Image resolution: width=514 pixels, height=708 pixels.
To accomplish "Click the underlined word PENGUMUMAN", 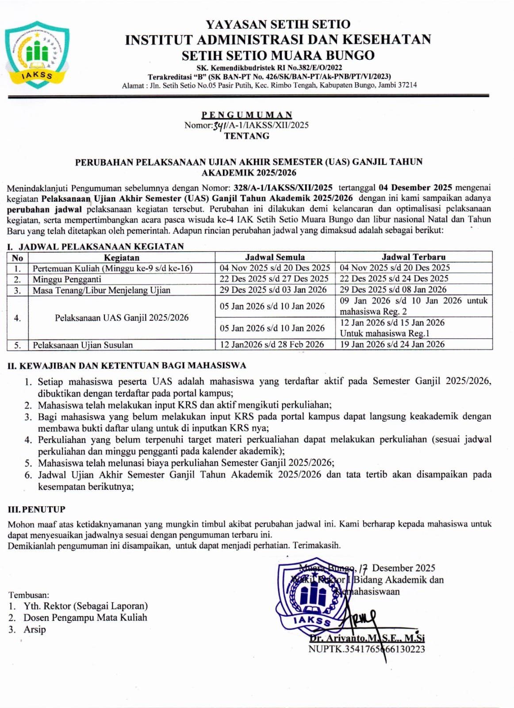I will (247, 115).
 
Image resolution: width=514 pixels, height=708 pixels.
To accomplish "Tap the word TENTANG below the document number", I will (247, 136).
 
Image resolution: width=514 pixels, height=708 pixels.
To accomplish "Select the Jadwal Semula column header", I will (275, 257).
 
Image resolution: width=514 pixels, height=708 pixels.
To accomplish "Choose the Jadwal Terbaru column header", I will (414, 257).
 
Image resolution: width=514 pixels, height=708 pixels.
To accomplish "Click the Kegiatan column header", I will (122, 258).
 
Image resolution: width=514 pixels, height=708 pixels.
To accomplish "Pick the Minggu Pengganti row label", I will (67, 279).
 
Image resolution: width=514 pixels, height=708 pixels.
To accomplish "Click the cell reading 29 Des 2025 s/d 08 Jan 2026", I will (393, 289).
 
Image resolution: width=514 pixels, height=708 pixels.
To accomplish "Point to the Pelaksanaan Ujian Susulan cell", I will (83, 345).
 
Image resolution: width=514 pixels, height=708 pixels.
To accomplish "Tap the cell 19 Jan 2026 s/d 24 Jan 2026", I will (392, 344).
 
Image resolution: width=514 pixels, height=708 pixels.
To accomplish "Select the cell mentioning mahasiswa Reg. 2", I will (413, 306).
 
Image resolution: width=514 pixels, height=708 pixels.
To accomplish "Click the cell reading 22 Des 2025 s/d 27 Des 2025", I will (274, 279).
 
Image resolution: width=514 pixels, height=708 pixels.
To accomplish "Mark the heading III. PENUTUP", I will (37, 509).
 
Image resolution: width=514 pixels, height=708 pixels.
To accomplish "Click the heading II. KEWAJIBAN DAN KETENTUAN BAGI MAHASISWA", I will (127, 366).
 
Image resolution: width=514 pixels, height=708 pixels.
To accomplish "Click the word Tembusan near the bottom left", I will (29, 595).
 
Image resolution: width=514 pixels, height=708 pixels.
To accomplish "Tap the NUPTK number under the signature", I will (367, 649).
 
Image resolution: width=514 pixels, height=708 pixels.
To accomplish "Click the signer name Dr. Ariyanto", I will (367, 638).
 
